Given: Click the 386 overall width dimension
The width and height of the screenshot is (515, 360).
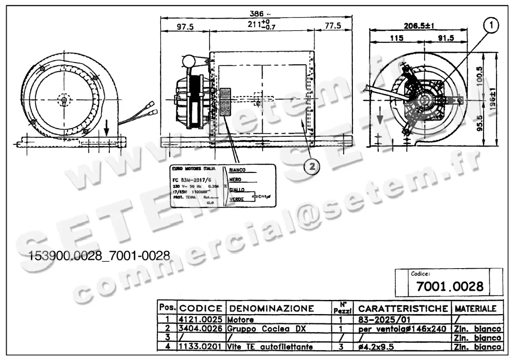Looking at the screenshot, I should click(x=257, y=13).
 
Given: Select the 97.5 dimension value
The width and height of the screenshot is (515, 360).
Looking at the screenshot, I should click(x=185, y=27).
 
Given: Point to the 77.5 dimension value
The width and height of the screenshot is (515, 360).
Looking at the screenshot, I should click(x=333, y=26).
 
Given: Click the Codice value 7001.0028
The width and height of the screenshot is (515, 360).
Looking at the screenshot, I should click(x=449, y=286).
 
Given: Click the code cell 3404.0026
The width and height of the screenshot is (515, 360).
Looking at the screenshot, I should click(x=201, y=329).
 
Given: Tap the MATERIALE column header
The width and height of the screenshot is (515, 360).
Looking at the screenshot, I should click(x=476, y=309).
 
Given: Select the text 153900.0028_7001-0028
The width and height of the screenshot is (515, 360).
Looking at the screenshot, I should click(x=100, y=256).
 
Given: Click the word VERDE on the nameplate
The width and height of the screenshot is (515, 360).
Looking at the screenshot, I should click(x=237, y=200).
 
